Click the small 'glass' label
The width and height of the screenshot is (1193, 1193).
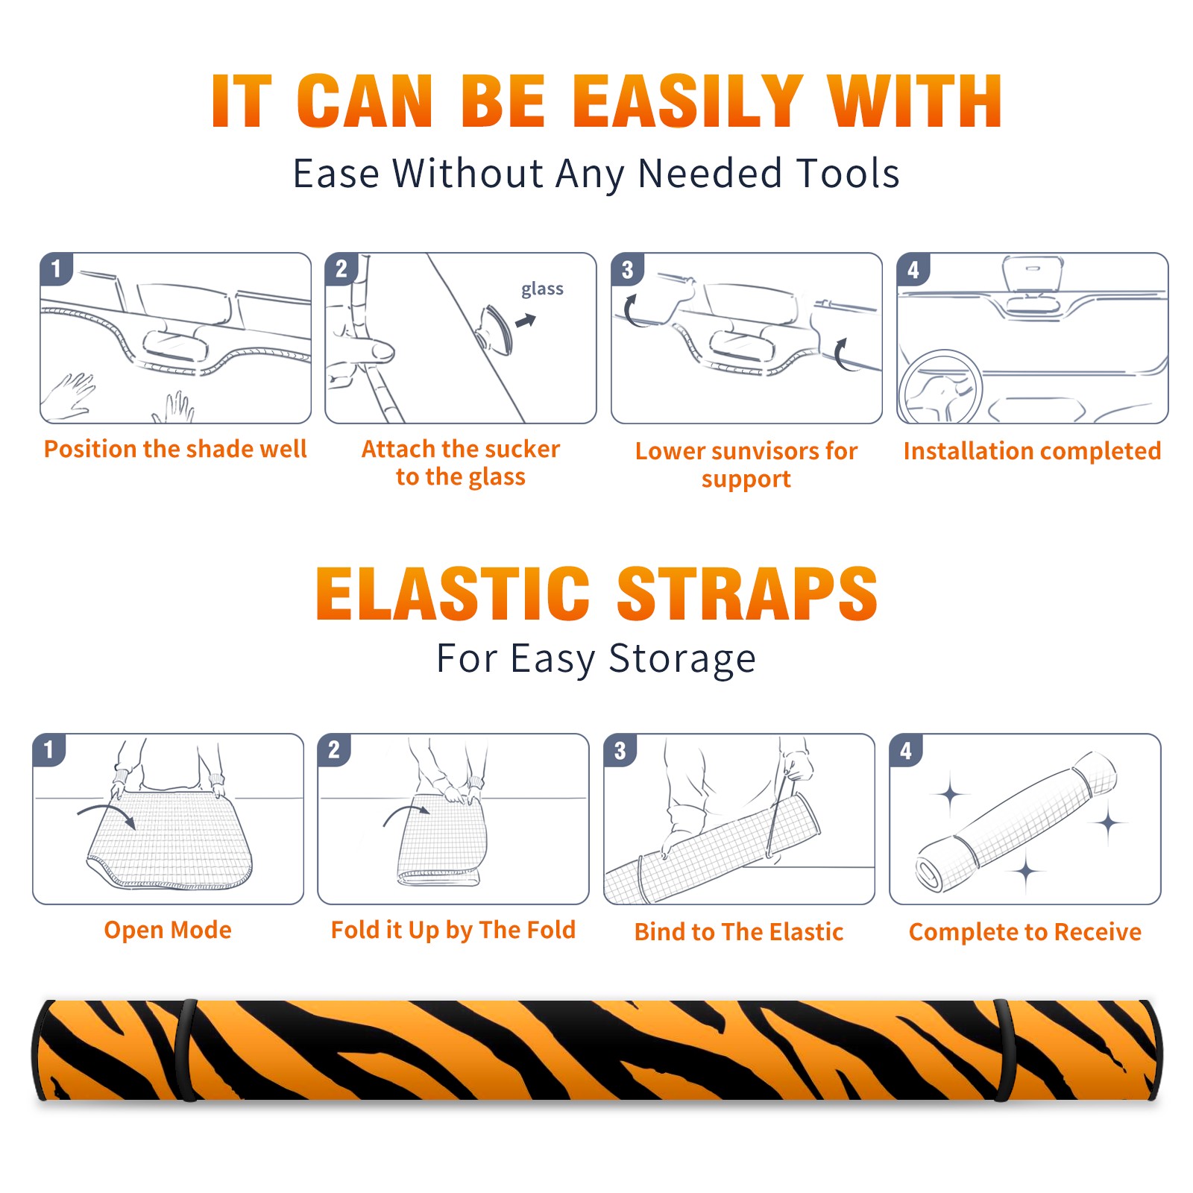542,289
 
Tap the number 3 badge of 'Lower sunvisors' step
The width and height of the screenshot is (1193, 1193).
627,269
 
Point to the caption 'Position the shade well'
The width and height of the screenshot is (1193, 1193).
175,449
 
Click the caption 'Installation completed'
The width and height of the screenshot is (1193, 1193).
1032,450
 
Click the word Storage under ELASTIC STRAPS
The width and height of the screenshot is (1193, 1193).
682,659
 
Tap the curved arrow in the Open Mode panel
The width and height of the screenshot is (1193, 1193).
107,815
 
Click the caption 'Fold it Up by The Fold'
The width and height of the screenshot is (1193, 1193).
453,930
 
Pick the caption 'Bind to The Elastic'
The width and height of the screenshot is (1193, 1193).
739,931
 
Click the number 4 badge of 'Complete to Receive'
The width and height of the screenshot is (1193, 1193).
906,750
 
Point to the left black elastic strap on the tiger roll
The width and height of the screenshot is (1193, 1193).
187,1051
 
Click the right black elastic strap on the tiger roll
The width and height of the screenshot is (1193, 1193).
1005,1051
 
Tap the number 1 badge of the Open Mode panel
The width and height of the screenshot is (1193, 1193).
49,749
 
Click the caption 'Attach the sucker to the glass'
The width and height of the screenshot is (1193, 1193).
461,462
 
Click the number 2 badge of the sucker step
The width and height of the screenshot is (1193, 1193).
341,268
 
